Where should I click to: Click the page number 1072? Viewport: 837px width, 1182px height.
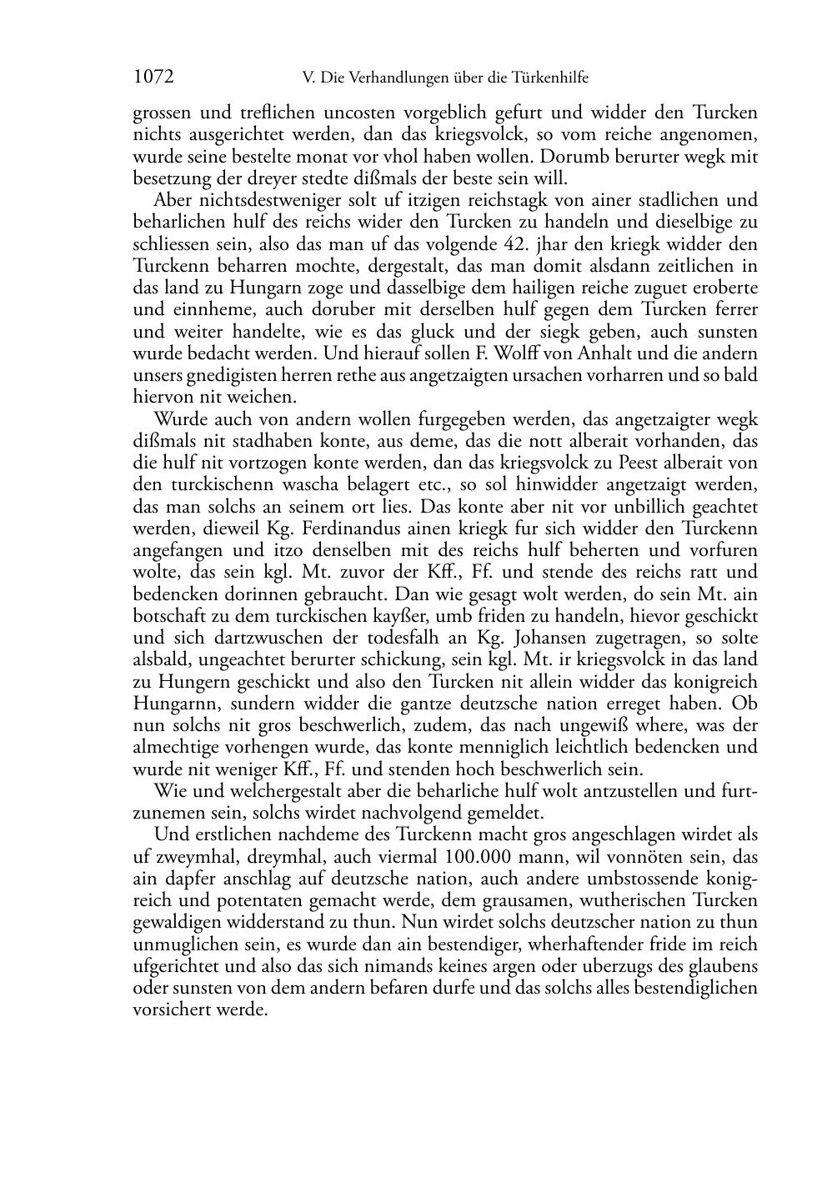tap(153, 78)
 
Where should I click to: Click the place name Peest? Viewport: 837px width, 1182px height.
tap(650, 463)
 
